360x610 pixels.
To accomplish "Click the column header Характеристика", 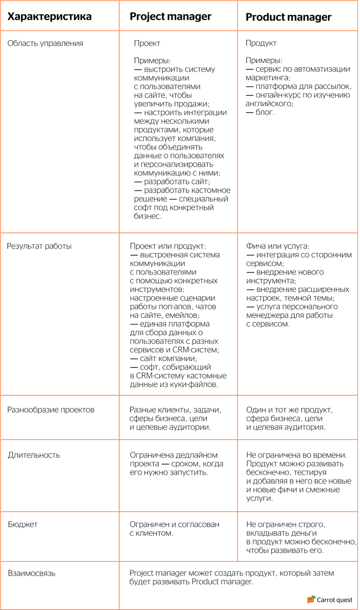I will pos(49,17).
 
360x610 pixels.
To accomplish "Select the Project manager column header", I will pos(171,17).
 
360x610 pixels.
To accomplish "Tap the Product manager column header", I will pos(288,18).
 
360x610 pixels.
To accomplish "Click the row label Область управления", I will pos(45,44).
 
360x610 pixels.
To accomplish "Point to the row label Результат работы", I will pos(40,246).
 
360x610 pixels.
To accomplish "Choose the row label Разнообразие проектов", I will pos(51,410).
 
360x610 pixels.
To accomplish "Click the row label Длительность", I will pos(34,455).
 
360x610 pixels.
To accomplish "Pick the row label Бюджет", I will pos(22,524).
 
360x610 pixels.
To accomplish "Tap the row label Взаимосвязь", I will pos(31,574).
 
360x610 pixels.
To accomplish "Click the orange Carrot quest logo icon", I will pos(311,600).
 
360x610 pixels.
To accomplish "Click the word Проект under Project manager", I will pos(147,44).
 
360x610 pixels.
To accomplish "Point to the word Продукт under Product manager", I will pos(261,44).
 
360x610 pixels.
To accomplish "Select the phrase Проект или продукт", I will pos(167,246).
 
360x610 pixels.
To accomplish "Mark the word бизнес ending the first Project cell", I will pos(147,216).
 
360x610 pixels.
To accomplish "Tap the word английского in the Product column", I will pos(269,104).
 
